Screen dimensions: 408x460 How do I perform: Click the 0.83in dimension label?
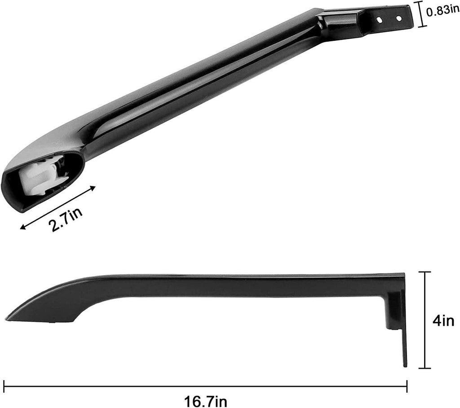[x=442, y=11]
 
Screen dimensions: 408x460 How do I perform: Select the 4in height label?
[x=443, y=321]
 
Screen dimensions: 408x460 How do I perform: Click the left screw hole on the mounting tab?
[x=380, y=20]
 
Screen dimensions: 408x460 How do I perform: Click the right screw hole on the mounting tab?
[x=398, y=18]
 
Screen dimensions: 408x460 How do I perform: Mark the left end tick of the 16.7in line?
[x=4, y=385]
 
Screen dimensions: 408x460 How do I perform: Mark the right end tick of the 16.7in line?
[x=407, y=385]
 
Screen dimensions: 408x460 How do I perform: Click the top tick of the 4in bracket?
[x=425, y=272]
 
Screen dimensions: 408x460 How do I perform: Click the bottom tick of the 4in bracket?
[x=425, y=368]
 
